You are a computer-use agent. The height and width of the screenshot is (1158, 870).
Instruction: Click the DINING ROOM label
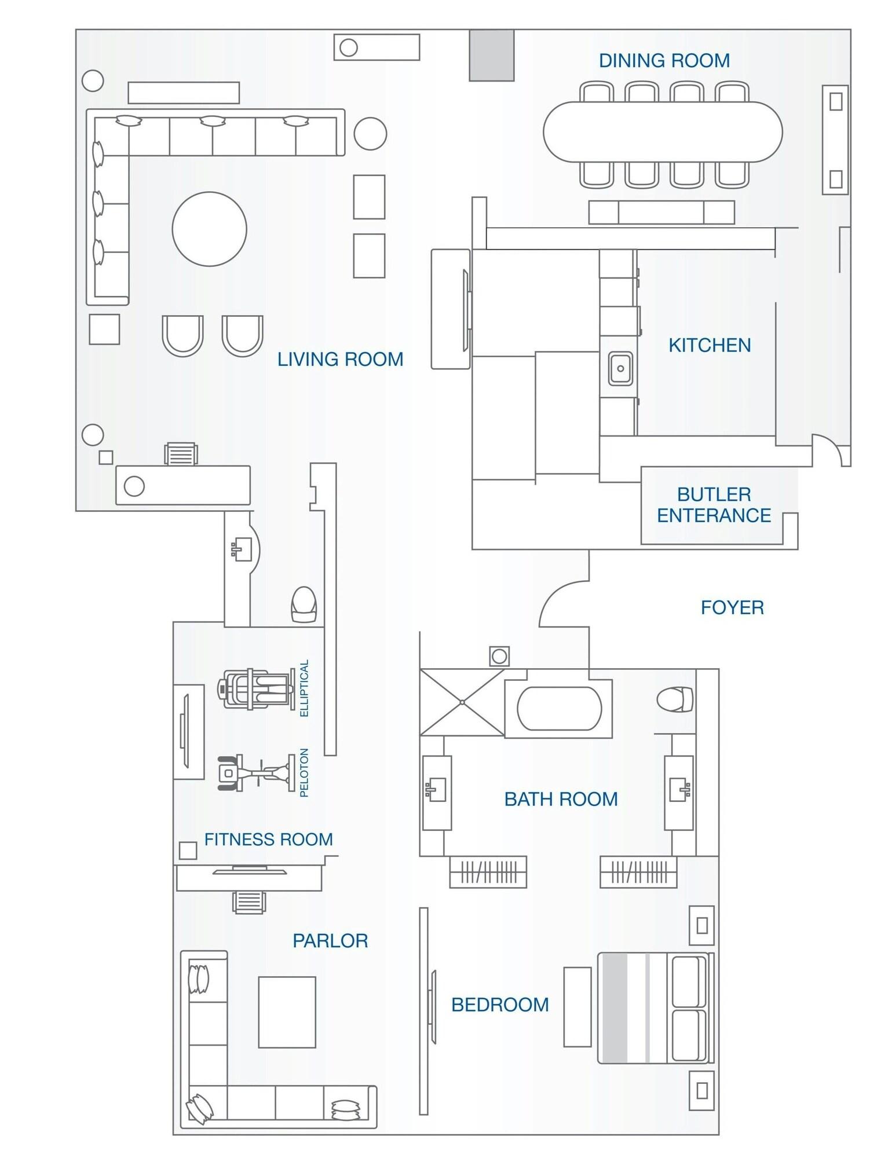point(664,61)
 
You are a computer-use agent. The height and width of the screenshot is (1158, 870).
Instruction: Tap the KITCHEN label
point(710,346)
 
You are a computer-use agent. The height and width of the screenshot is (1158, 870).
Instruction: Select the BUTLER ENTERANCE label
point(714,505)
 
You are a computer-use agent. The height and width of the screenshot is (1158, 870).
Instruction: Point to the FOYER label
point(732,607)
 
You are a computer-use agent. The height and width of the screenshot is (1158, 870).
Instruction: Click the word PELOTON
point(304,773)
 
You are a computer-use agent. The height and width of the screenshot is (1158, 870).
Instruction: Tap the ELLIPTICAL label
point(304,688)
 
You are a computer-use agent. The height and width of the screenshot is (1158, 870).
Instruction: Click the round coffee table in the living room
point(210,229)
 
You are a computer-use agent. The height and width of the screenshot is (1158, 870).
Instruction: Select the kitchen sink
point(620,369)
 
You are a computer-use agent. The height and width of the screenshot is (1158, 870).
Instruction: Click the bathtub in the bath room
point(560,709)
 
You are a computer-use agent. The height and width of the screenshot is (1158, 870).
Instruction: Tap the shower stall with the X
point(462,702)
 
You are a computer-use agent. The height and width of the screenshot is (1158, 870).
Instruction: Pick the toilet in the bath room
point(675,699)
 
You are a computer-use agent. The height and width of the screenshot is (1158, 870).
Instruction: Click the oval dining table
point(663,132)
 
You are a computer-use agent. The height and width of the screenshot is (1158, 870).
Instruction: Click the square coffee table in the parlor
point(287,1012)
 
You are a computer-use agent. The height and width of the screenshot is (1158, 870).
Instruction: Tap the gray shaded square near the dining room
point(491,55)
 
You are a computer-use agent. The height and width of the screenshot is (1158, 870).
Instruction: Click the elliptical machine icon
point(254,689)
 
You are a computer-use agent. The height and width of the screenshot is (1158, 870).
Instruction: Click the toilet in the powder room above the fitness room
point(304,604)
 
